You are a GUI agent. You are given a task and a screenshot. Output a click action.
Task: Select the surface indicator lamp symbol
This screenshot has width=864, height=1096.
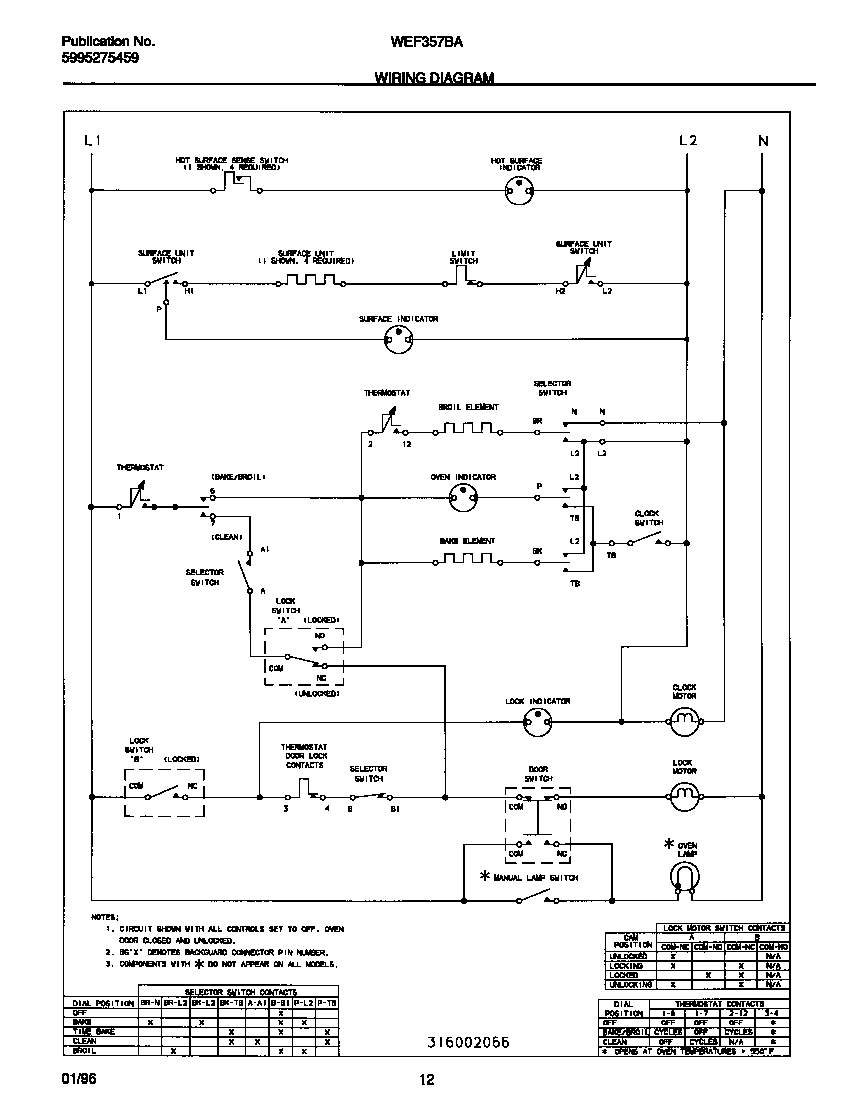click(x=398, y=341)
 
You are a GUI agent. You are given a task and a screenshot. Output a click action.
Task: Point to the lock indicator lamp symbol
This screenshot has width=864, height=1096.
click(x=538, y=719)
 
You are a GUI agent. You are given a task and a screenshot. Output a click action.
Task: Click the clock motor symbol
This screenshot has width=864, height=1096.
click(x=683, y=718)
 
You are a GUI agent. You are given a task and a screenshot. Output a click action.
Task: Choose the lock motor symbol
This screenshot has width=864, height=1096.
click(x=683, y=797)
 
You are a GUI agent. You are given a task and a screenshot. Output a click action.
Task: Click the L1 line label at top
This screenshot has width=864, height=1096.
click(x=92, y=141)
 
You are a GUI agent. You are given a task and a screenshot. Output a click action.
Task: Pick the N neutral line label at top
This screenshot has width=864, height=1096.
click(x=763, y=141)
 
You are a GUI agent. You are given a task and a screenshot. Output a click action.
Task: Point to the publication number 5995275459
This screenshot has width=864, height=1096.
click(x=100, y=59)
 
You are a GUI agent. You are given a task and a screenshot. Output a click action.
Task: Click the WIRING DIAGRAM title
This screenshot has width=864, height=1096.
click(x=434, y=77)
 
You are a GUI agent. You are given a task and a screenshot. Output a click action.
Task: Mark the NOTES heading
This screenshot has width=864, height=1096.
click(x=105, y=916)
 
